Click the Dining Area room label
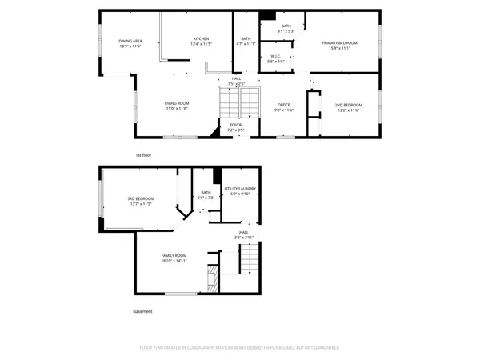(x=130, y=41)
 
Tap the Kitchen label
(x=201, y=39)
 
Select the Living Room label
(x=176, y=103)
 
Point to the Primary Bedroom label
(x=339, y=42)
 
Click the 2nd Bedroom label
(x=348, y=105)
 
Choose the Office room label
(x=283, y=105)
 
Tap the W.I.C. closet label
(x=275, y=57)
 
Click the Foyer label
(x=236, y=125)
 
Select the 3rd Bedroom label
(x=140, y=199)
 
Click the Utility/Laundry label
(x=240, y=188)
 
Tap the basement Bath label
(x=206, y=192)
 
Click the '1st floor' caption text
(x=143, y=154)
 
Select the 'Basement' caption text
(x=142, y=311)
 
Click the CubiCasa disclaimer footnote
(x=239, y=348)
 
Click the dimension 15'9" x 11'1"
(x=339, y=48)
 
